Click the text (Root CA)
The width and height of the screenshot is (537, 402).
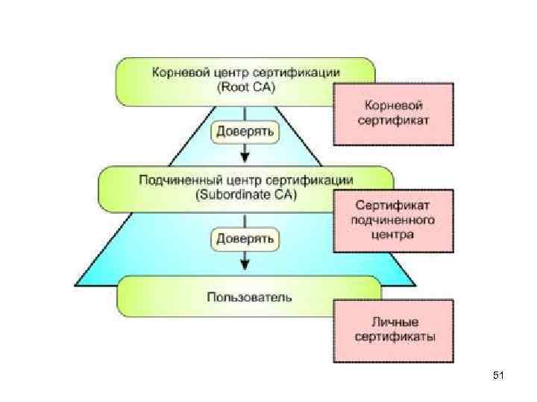click(x=245, y=87)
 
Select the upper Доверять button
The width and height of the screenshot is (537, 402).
click(x=245, y=133)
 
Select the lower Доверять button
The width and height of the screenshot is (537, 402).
click(x=245, y=239)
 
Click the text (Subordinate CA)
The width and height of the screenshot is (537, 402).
click(x=245, y=195)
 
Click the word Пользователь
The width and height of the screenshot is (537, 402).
click(x=249, y=296)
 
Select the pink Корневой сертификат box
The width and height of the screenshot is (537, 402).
click(x=392, y=113)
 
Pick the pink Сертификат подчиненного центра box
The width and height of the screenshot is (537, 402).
click(x=392, y=221)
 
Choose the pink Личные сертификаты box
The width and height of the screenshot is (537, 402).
click(x=392, y=331)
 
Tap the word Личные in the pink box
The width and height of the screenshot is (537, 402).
click(x=393, y=322)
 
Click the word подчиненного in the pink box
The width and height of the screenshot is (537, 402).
click(x=393, y=220)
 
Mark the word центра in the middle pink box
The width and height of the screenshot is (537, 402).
click(x=393, y=234)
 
